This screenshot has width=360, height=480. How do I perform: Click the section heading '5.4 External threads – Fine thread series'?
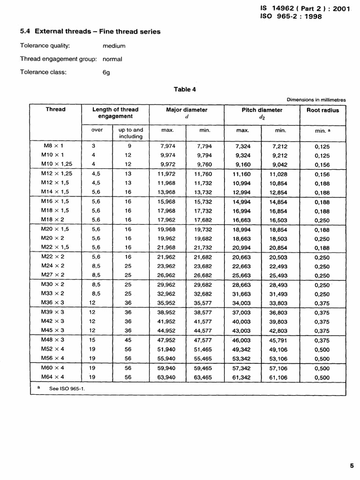coord(90,31)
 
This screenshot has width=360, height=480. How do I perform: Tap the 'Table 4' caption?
coord(182,89)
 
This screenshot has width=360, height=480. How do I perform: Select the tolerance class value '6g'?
coord(106,73)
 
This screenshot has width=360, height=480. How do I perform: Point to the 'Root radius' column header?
coord(322,110)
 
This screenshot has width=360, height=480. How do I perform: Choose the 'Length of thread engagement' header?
coord(115,113)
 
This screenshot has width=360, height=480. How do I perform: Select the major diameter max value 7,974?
coord(167,146)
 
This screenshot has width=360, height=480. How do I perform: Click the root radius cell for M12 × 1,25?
coord(322,174)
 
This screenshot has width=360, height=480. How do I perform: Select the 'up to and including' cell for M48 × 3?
coord(128,340)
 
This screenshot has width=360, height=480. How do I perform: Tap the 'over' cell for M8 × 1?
coord(94,146)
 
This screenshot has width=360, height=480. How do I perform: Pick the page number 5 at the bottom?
coord(352,465)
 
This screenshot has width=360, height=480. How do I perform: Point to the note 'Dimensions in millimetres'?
coord(316,99)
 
